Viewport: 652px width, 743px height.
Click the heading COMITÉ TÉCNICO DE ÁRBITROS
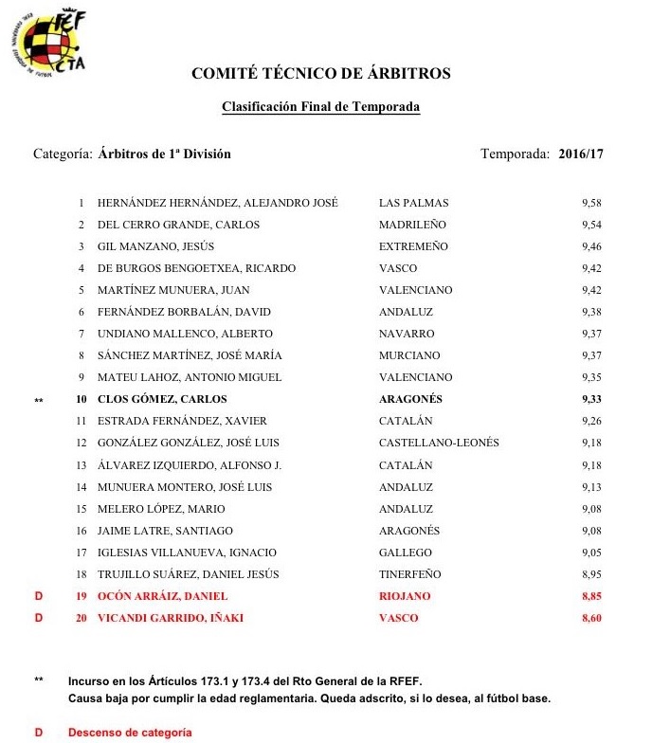pyautogui.click(x=320, y=74)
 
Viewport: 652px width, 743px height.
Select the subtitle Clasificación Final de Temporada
pyautogui.click(x=320, y=107)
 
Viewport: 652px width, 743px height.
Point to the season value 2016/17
pyautogui.click(x=580, y=154)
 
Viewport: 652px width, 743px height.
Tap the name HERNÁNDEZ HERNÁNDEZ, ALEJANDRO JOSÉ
pyautogui.click(x=218, y=203)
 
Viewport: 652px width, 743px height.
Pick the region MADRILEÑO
pyautogui.click(x=412, y=225)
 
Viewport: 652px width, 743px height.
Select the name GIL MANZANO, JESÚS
pyautogui.click(x=154, y=246)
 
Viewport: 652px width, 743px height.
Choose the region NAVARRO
pyautogui.click(x=407, y=334)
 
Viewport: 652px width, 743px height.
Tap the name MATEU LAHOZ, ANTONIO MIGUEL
pyautogui.click(x=190, y=377)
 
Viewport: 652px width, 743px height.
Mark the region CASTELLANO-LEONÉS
pyautogui.click(x=439, y=443)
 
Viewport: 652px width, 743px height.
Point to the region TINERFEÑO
pyautogui.click(x=410, y=574)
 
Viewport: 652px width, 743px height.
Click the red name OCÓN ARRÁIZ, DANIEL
pyautogui.click(x=163, y=596)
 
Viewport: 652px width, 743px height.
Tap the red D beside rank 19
pyautogui.click(x=39, y=596)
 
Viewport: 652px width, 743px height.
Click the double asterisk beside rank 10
pyautogui.click(x=39, y=400)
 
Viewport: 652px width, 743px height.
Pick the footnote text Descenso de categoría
pyautogui.click(x=130, y=733)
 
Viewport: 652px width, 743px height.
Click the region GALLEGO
pyautogui.click(x=406, y=553)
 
